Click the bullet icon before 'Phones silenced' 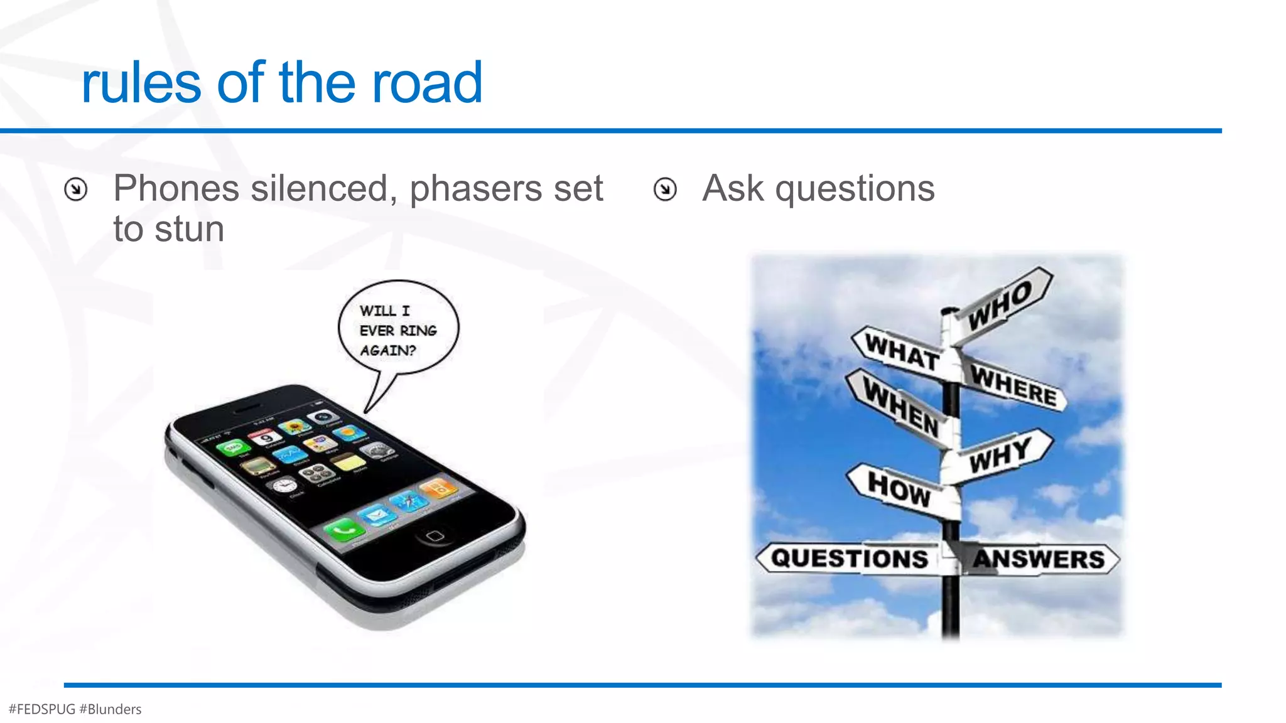[76, 189]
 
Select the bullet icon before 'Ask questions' [665, 189]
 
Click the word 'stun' [189, 229]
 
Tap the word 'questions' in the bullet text [855, 189]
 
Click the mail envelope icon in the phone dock [377, 516]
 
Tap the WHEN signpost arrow [899, 406]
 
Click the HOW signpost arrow [898, 488]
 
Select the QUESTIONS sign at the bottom [850, 558]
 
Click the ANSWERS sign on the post [1039, 559]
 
